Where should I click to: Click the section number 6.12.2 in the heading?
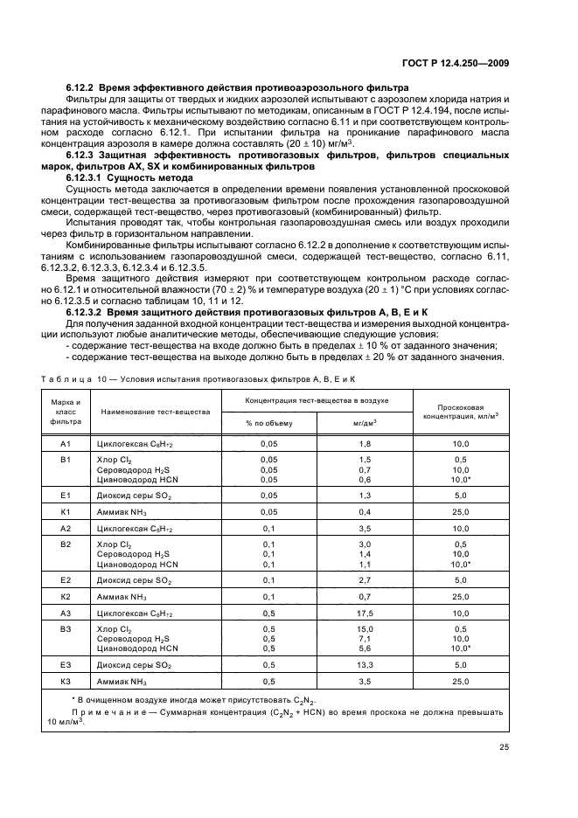point(81,88)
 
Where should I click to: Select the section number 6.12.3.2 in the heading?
point(87,312)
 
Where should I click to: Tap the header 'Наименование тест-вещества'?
point(156,411)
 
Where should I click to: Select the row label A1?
point(65,444)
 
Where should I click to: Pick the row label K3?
point(65,681)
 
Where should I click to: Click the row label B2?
point(65,544)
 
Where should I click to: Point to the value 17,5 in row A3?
point(366,613)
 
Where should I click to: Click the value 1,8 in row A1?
point(366,444)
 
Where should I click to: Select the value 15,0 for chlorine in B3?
point(366,628)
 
